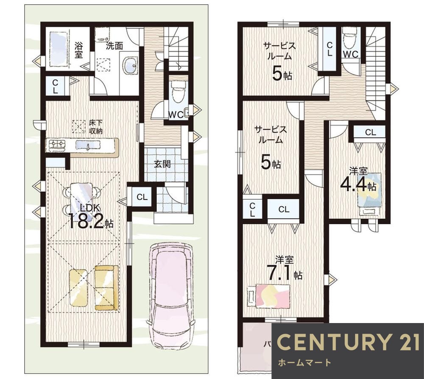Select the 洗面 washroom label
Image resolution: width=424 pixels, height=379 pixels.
click(114, 46)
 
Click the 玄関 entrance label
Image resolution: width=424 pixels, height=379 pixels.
click(162, 164)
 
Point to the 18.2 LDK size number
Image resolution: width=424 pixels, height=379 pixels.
click(86, 221)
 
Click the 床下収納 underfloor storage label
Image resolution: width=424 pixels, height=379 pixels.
click(96, 127)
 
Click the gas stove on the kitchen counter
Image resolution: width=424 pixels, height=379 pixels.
click(57, 145)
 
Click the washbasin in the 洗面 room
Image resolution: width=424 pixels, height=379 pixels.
click(130, 65)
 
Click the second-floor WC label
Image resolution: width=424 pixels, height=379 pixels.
click(351, 54)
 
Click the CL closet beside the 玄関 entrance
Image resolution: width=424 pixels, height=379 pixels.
click(142, 197)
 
